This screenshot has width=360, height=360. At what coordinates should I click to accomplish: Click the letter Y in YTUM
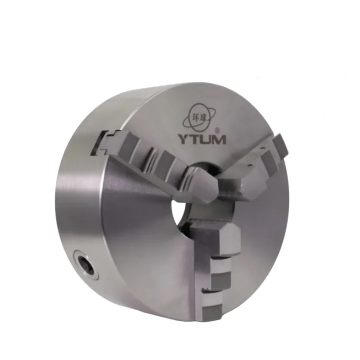(184, 139)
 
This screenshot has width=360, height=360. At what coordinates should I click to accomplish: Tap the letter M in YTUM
(218, 139)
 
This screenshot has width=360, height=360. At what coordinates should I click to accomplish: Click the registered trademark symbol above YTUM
(218, 130)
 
